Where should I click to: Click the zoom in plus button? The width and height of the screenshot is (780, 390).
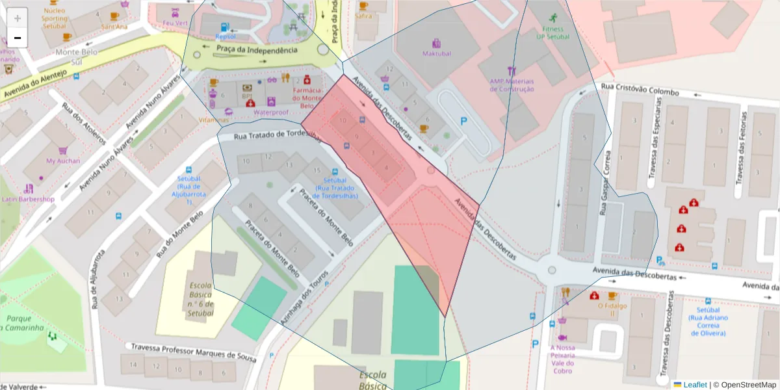[18, 18]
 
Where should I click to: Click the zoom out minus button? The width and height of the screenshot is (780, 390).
[18, 38]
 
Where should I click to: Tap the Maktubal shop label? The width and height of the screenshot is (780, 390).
[435, 53]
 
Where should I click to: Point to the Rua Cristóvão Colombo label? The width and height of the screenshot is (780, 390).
[640, 92]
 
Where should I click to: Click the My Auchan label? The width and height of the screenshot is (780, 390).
[63, 161]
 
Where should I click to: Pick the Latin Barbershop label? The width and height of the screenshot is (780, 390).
[28, 199]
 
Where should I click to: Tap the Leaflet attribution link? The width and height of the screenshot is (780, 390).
[694, 385]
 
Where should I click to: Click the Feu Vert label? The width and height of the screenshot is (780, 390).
[175, 23]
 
